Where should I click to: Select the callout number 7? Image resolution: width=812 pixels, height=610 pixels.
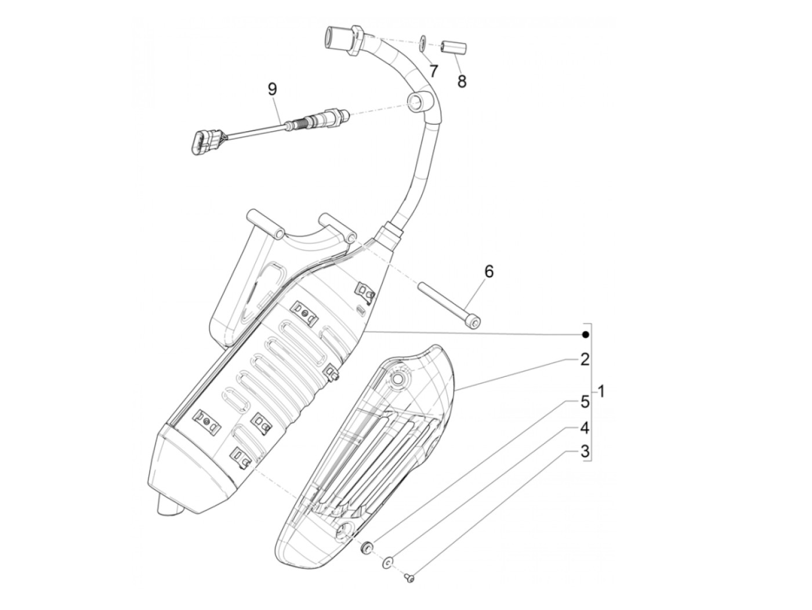[x=433, y=71]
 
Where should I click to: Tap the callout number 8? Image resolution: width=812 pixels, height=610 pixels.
[x=462, y=81]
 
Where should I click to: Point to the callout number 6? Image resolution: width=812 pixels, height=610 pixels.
[x=489, y=271]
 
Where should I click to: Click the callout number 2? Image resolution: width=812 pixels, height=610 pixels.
[x=585, y=360]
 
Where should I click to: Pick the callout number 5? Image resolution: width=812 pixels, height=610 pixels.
[x=585, y=401]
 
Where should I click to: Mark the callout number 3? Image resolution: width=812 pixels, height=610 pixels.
[x=585, y=451]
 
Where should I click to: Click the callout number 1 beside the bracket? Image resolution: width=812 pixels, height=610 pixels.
[x=601, y=391]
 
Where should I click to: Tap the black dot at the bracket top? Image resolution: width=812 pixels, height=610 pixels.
[x=585, y=335]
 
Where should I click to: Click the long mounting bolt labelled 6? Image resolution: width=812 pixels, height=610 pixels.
[x=449, y=302]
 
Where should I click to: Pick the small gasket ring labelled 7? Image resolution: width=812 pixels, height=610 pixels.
[x=423, y=41]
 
